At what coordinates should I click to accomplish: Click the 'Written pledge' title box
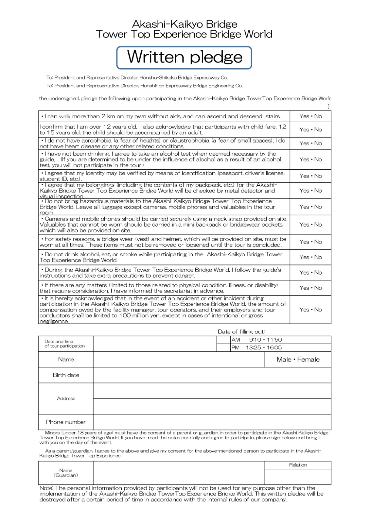tap(184, 58)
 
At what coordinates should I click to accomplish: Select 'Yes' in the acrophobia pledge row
tap(304, 143)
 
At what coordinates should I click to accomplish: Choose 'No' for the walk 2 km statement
tap(318, 116)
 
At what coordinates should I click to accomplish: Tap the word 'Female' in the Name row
tap(308, 360)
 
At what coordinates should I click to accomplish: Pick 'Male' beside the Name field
tap(284, 360)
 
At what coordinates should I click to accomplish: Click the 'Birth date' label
tap(66, 375)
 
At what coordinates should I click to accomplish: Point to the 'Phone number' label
tap(66, 422)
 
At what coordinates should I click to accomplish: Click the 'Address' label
tap(66, 398)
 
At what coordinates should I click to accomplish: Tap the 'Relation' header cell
tap(298, 465)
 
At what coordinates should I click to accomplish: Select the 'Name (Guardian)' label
tap(66, 473)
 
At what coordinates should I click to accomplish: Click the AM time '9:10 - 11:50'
tap(265, 340)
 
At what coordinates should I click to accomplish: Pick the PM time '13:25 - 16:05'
tap(264, 347)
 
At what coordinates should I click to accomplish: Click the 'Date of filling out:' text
tap(241, 331)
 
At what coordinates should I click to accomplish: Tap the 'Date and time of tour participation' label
tap(65, 344)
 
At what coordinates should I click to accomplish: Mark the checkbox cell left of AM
tap(224, 340)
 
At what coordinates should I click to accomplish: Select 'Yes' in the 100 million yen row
tap(304, 310)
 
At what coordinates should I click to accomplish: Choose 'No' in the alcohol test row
tap(318, 159)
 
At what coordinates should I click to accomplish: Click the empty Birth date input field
tap(212, 375)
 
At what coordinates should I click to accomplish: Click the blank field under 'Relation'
tap(298, 477)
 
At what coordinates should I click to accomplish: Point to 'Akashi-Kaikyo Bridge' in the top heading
tap(185, 24)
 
